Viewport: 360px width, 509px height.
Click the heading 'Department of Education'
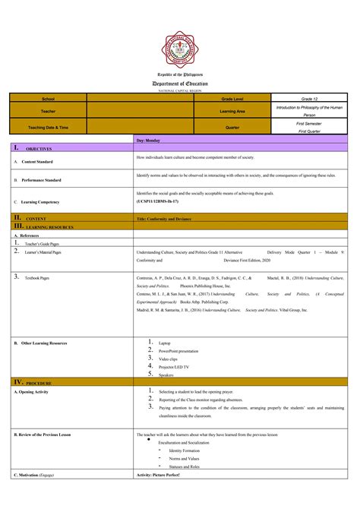[x=180, y=84]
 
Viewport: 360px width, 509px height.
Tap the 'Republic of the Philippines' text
[x=180, y=75]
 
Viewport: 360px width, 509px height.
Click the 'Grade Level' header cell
[x=232, y=100]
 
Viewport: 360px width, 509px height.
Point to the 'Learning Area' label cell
[x=232, y=112]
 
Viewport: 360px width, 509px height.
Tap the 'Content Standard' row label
[x=37, y=162]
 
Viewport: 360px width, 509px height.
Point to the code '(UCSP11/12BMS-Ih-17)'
[x=158, y=202]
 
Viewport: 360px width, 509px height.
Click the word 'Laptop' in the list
[x=165, y=343]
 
